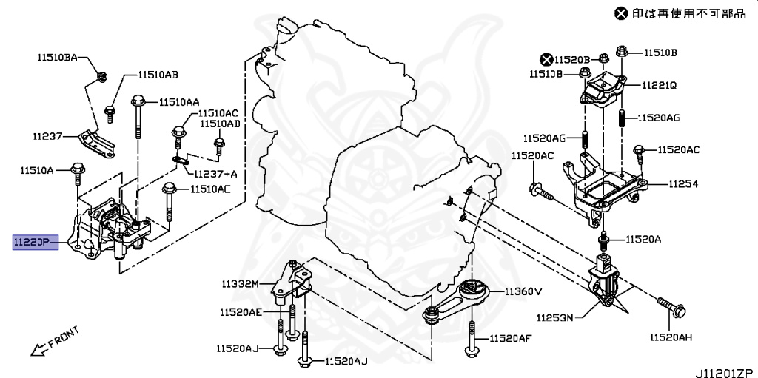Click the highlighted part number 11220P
coord(35,241)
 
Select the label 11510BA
coord(58,57)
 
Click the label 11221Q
coord(659,85)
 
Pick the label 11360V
coord(523,292)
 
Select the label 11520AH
coord(671,338)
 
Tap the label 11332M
coord(239,283)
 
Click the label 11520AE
coord(240,313)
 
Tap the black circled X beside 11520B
coord(546,59)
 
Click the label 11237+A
coord(215,174)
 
